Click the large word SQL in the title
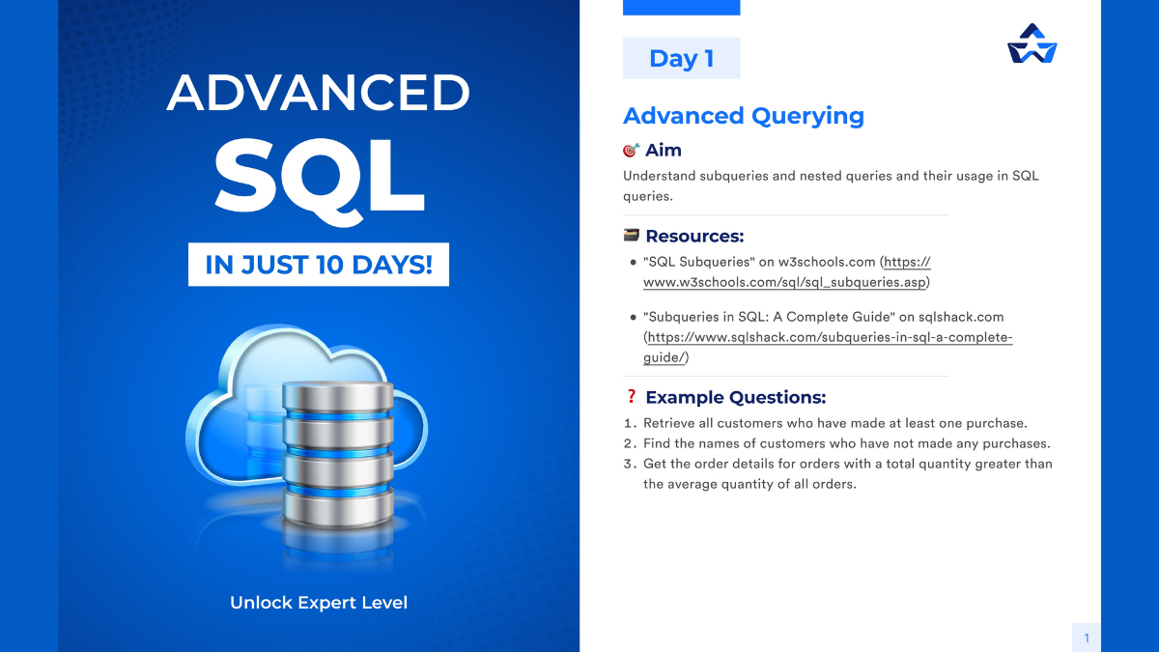tap(320, 179)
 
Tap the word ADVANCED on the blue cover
tap(318, 93)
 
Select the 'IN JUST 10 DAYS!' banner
tap(319, 265)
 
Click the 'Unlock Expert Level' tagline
tap(319, 603)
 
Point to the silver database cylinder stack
tap(338, 454)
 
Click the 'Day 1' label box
tap(682, 58)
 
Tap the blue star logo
tap(1032, 44)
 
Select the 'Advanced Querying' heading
tap(744, 115)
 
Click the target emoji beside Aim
tap(632, 150)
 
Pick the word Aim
tap(664, 150)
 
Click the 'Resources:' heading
tap(694, 236)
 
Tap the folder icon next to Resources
tap(632, 236)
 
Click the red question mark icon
tap(631, 396)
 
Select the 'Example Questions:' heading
tap(736, 397)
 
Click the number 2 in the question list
tap(629, 443)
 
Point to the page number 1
tap(1087, 638)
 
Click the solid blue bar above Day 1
tap(682, 8)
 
